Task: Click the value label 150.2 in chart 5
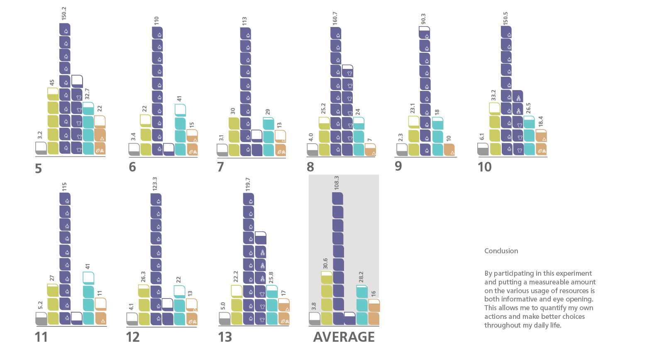click(x=64, y=13)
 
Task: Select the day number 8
click(x=310, y=167)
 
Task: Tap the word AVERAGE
click(x=344, y=337)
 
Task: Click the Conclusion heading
click(x=501, y=251)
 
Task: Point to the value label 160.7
click(x=335, y=18)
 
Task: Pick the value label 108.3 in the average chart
click(x=337, y=183)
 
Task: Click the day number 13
click(x=225, y=337)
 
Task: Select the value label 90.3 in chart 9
click(x=423, y=19)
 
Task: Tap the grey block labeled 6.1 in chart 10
click(x=483, y=149)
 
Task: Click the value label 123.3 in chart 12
click(x=155, y=184)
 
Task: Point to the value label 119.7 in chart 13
click(x=248, y=184)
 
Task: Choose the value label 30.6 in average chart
click(x=325, y=263)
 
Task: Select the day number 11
click(x=41, y=337)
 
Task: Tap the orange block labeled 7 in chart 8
click(x=370, y=150)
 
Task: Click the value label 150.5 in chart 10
click(x=505, y=19)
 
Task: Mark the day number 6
click(x=132, y=167)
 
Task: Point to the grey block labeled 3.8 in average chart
click(x=315, y=319)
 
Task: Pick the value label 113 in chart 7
click(x=244, y=21)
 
